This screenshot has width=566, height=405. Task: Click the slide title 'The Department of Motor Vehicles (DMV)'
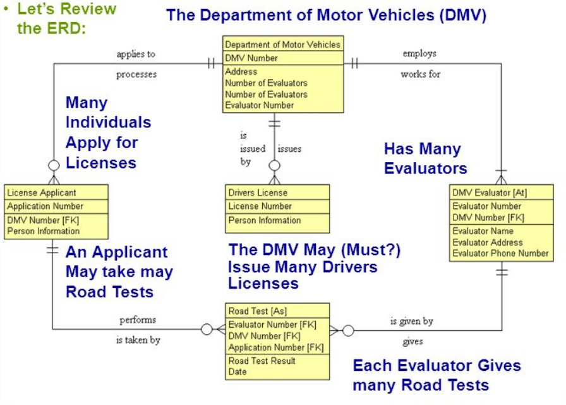326,15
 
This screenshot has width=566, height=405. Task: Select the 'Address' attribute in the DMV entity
241,72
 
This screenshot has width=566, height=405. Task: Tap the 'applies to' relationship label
135,54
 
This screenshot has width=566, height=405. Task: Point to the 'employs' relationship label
419,54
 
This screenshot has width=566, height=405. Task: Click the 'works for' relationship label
420,74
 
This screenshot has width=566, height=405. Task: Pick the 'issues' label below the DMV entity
289,149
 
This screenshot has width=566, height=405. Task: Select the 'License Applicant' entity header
42,192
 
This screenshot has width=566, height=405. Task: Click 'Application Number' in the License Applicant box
45,206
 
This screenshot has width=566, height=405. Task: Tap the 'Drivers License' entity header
258,192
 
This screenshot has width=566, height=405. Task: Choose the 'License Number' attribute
260,206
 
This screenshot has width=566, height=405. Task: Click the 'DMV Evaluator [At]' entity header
489,192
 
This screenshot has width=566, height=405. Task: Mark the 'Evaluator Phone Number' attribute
500,253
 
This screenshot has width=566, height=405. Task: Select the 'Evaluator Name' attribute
483,231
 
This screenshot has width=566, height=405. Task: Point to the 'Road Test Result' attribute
262,361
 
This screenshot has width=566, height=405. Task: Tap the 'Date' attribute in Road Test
238,371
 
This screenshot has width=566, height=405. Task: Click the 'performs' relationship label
138,320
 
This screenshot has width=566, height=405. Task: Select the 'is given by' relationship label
411,321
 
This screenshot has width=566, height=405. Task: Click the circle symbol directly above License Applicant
54,165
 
